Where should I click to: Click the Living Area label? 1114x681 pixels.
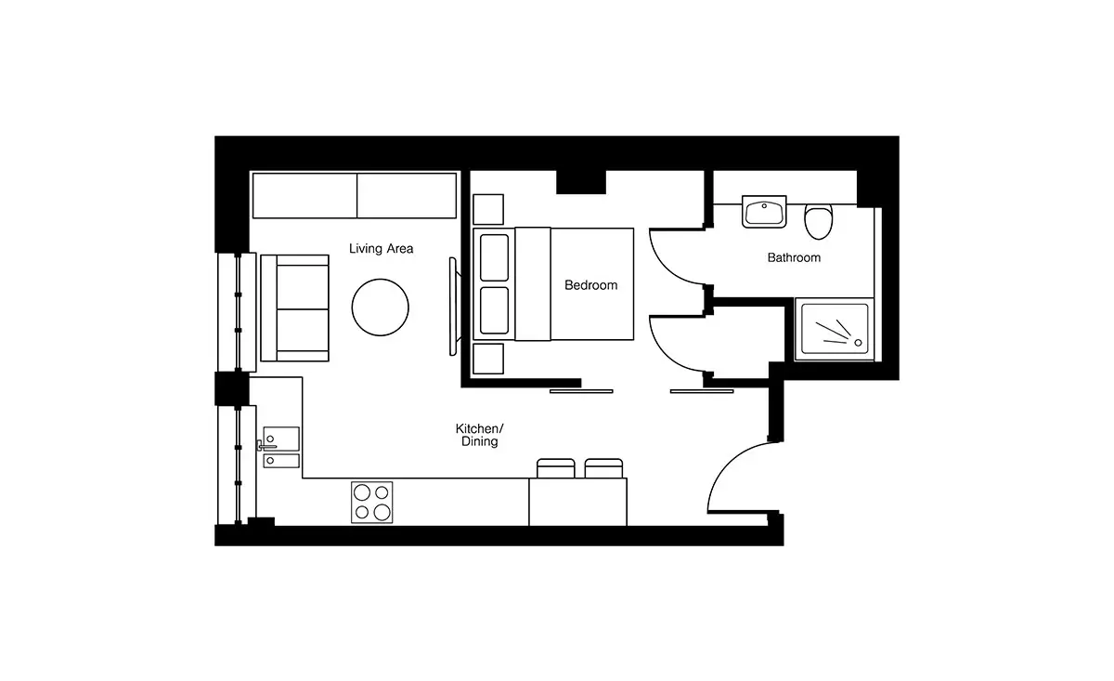point(381,248)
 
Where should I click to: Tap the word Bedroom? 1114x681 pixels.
point(590,285)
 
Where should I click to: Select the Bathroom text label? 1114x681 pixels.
point(794,258)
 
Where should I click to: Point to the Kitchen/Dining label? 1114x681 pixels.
point(479,435)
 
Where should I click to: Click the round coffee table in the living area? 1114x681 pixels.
point(381,308)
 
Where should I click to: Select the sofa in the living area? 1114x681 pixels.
point(295,308)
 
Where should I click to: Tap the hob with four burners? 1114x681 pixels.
point(372,503)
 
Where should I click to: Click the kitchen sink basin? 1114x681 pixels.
point(281,439)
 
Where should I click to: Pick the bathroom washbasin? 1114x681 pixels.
point(764,212)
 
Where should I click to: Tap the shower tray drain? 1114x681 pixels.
point(858,343)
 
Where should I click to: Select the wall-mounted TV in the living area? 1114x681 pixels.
point(453,307)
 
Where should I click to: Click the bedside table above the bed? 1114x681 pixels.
point(488,210)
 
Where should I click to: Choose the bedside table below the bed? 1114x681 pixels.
point(488,359)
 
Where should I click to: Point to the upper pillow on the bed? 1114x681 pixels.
point(494,257)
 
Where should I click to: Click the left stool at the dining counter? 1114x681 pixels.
point(556,468)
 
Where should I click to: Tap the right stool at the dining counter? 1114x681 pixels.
point(603,468)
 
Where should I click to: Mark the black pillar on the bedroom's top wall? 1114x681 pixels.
point(581,182)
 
